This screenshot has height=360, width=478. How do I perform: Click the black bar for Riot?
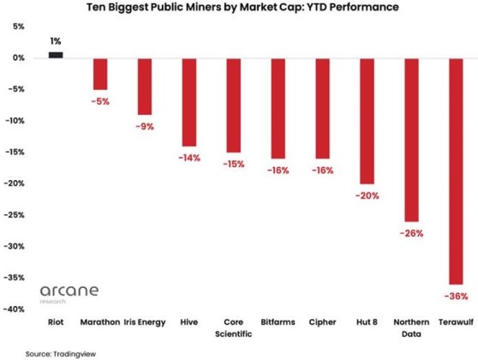(x=56, y=55)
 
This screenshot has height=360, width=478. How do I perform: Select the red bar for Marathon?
(x=100, y=74)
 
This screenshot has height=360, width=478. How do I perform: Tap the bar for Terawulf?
(x=455, y=171)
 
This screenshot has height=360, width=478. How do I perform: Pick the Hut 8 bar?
(x=367, y=121)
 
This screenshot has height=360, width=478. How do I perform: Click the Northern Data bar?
(x=411, y=140)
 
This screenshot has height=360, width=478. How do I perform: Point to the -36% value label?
(x=456, y=297)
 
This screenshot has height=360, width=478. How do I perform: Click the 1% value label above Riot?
(x=56, y=41)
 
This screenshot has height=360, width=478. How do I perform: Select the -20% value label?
(x=367, y=196)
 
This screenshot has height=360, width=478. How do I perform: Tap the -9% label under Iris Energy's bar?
(x=144, y=127)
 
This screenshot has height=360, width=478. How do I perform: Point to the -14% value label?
(x=189, y=159)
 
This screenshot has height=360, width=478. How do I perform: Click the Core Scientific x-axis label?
(x=233, y=329)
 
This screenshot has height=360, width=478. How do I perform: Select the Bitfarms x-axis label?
(x=278, y=324)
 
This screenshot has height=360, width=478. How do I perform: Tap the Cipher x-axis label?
(x=322, y=324)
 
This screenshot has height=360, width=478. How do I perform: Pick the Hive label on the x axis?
(x=188, y=324)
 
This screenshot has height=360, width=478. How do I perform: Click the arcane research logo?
(x=69, y=295)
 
